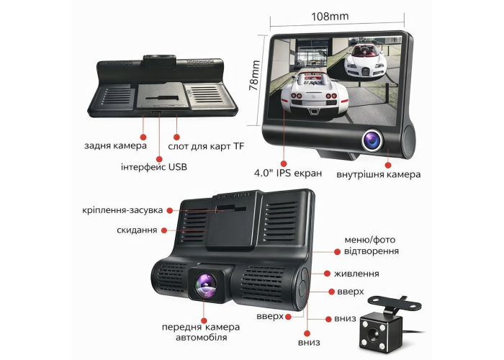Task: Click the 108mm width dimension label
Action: (x=330, y=16)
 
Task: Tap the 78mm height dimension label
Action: (x=254, y=76)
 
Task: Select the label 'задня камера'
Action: (x=115, y=145)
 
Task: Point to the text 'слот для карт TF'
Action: (x=206, y=147)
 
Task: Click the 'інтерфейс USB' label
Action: (x=154, y=167)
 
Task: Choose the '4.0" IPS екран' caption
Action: (x=288, y=173)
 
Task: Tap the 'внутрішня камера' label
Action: (x=378, y=174)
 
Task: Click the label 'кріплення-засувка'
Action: (x=122, y=210)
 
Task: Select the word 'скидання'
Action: (x=137, y=230)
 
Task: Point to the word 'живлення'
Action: (x=356, y=274)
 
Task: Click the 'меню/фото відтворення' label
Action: (x=372, y=246)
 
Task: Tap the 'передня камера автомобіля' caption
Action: (x=201, y=333)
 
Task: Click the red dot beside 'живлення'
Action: (x=327, y=274)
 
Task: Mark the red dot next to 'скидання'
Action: (x=164, y=230)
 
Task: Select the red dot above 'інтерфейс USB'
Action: (x=159, y=159)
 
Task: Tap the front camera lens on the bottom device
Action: (x=207, y=284)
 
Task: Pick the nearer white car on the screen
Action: (x=315, y=96)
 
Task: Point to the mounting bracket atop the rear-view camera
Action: (x=395, y=305)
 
